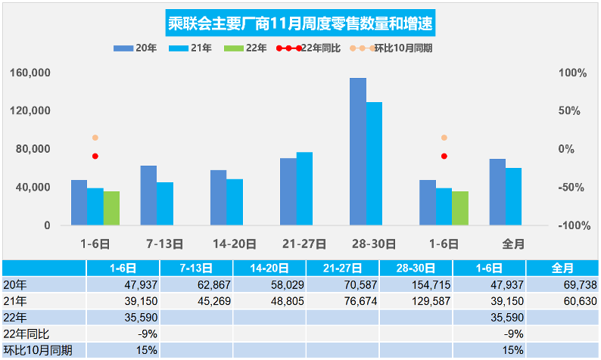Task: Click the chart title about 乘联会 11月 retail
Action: pos(300,23)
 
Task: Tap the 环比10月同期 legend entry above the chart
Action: pos(397,48)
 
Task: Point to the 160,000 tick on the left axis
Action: pos(32,73)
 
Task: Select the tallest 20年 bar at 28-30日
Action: pos(358,151)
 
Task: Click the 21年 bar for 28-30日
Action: pos(374,163)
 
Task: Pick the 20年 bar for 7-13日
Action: pos(148,195)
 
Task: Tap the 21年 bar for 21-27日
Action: pos(304,188)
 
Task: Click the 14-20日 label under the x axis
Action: pos(234,244)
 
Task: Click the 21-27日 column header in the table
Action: pos(342,268)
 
